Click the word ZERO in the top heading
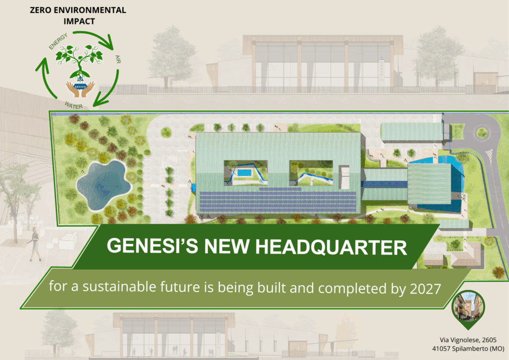(x=41, y=10)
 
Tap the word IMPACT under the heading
(x=79, y=21)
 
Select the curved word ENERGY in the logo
(x=58, y=41)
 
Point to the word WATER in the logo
(x=74, y=105)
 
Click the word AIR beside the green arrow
(x=118, y=59)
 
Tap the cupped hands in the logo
(x=80, y=90)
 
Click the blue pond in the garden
(x=103, y=184)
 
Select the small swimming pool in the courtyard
(x=244, y=173)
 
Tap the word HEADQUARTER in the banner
(x=331, y=247)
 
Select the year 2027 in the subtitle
(x=425, y=289)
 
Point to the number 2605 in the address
(x=489, y=340)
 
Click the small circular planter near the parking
(x=166, y=132)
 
